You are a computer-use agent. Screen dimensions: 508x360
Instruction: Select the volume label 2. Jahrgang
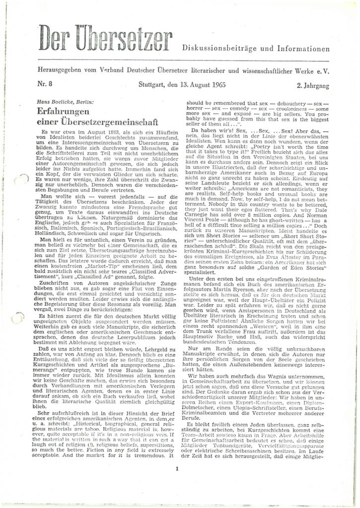[x=313, y=85]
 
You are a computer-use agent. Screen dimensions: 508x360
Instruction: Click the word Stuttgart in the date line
[x=152, y=85]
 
